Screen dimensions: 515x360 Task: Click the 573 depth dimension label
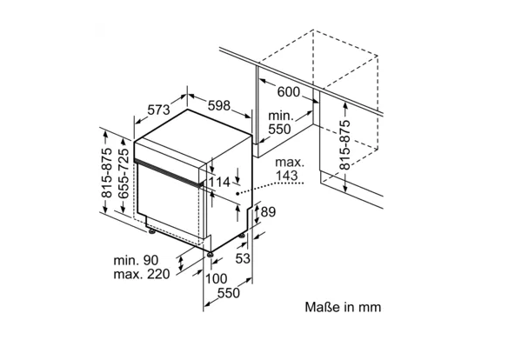tap(158, 110)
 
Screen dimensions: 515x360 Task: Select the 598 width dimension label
tap(219, 106)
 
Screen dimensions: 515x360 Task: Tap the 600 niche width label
tap(289, 92)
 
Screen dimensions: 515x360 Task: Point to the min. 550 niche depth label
tap(280, 123)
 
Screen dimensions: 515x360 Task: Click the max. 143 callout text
tap(289, 169)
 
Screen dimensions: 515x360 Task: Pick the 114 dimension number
tap(219, 182)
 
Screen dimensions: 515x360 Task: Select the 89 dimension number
tap(268, 212)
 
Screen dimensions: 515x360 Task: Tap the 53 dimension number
tap(243, 258)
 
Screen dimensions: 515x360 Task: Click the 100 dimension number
tap(216, 278)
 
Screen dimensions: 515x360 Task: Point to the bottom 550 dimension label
tap(229, 293)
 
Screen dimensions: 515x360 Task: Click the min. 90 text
tap(136, 260)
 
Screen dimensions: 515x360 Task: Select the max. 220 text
tap(142, 274)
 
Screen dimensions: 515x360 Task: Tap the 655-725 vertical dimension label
tap(124, 174)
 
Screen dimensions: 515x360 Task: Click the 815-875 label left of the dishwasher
tap(106, 173)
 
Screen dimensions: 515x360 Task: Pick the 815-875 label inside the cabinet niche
tap(344, 144)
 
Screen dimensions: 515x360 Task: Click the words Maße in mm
tap(343, 307)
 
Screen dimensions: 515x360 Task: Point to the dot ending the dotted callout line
tap(237, 194)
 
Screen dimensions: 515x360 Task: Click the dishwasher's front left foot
tap(151, 232)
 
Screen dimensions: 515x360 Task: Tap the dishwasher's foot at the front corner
tap(210, 254)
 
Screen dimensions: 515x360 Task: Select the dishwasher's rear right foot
tap(242, 236)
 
